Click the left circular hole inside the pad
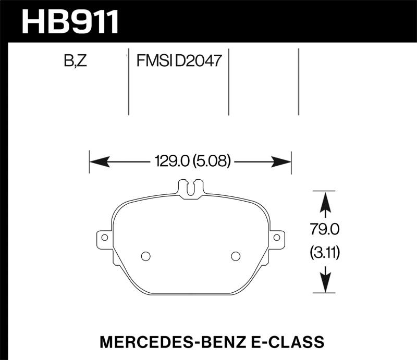coord(146,256)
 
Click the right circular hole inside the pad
coord(235,256)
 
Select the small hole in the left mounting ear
coord(104,238)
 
